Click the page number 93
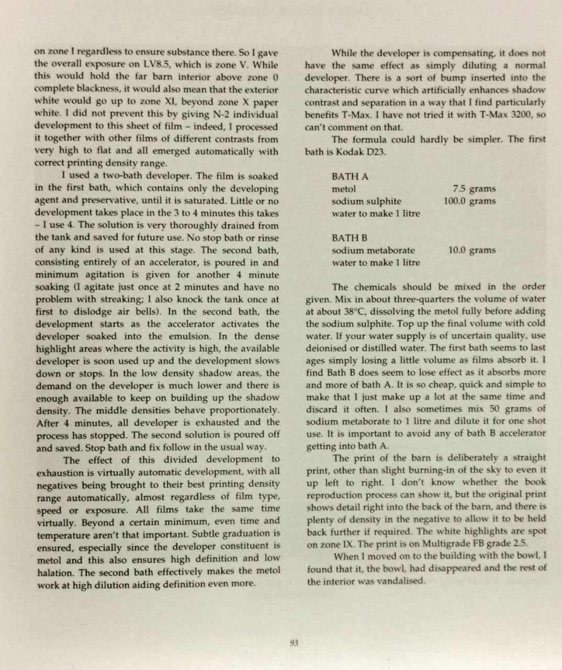coord(294,642)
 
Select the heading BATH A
coord(350,176)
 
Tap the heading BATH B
coord(350,238)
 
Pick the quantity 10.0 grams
coord(471,250)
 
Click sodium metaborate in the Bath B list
coord(373,250)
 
